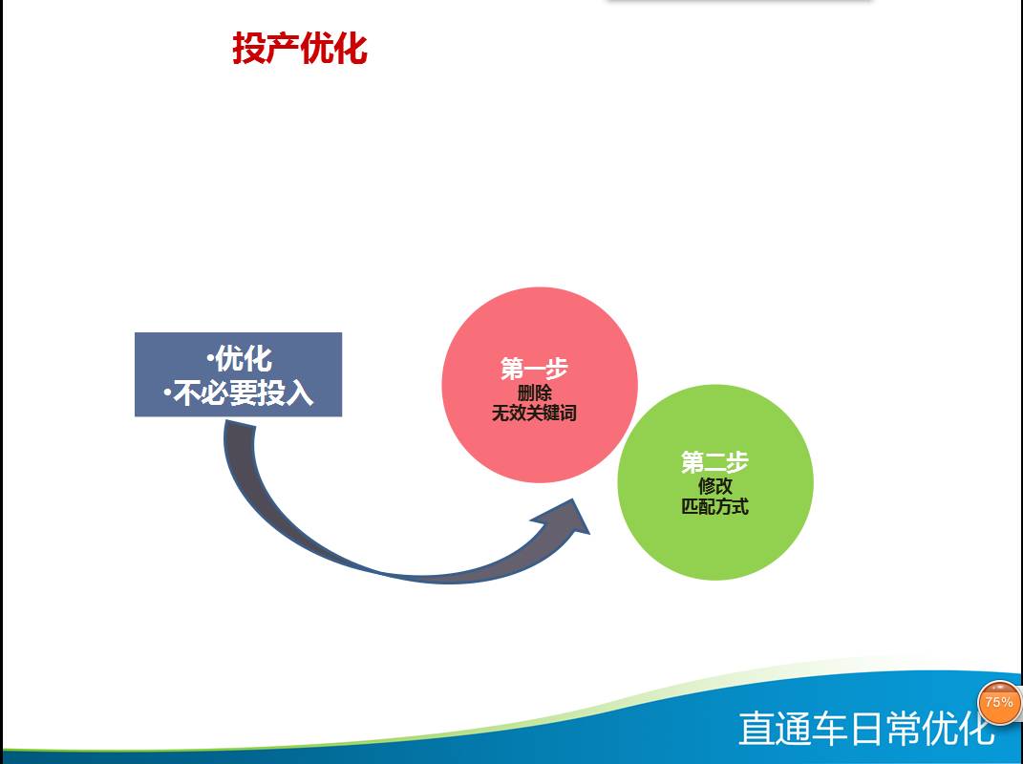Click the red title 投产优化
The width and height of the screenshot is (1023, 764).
coord(300,49)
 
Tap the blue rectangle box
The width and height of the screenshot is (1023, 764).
coord(238,374)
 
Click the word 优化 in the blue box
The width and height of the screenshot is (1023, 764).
coord(244,358)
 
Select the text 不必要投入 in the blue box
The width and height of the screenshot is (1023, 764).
coord(244,393)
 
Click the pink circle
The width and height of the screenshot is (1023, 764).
coord(540,385)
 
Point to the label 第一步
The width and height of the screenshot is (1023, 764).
coord(534,369)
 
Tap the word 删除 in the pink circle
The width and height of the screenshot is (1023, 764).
coord(534,393)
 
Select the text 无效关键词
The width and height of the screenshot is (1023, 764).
coord(534,413)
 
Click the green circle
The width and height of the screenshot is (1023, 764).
coord(715,482)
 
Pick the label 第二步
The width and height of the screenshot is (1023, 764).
coord(715,462)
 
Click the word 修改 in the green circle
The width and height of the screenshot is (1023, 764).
coord(715,486)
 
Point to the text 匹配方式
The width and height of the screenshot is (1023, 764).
coord(715,506)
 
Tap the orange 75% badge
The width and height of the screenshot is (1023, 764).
coord(999,703)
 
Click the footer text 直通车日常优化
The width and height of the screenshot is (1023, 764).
coord(866,728)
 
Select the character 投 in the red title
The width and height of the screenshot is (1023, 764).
coord(248,49)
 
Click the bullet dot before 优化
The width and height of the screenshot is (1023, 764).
coord(209,359)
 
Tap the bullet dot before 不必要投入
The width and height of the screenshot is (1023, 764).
coord(168,393)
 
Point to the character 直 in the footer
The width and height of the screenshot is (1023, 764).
coord(757,728)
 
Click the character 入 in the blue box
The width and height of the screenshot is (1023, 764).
coord(300,393)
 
